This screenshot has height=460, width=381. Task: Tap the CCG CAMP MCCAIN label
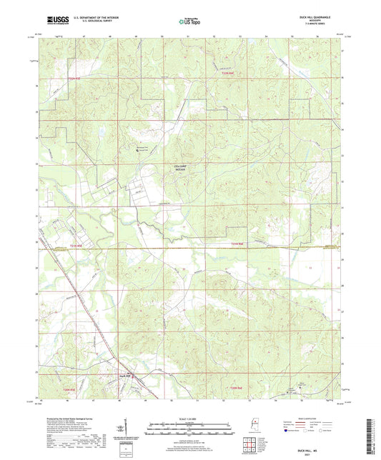tap(181, 169)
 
